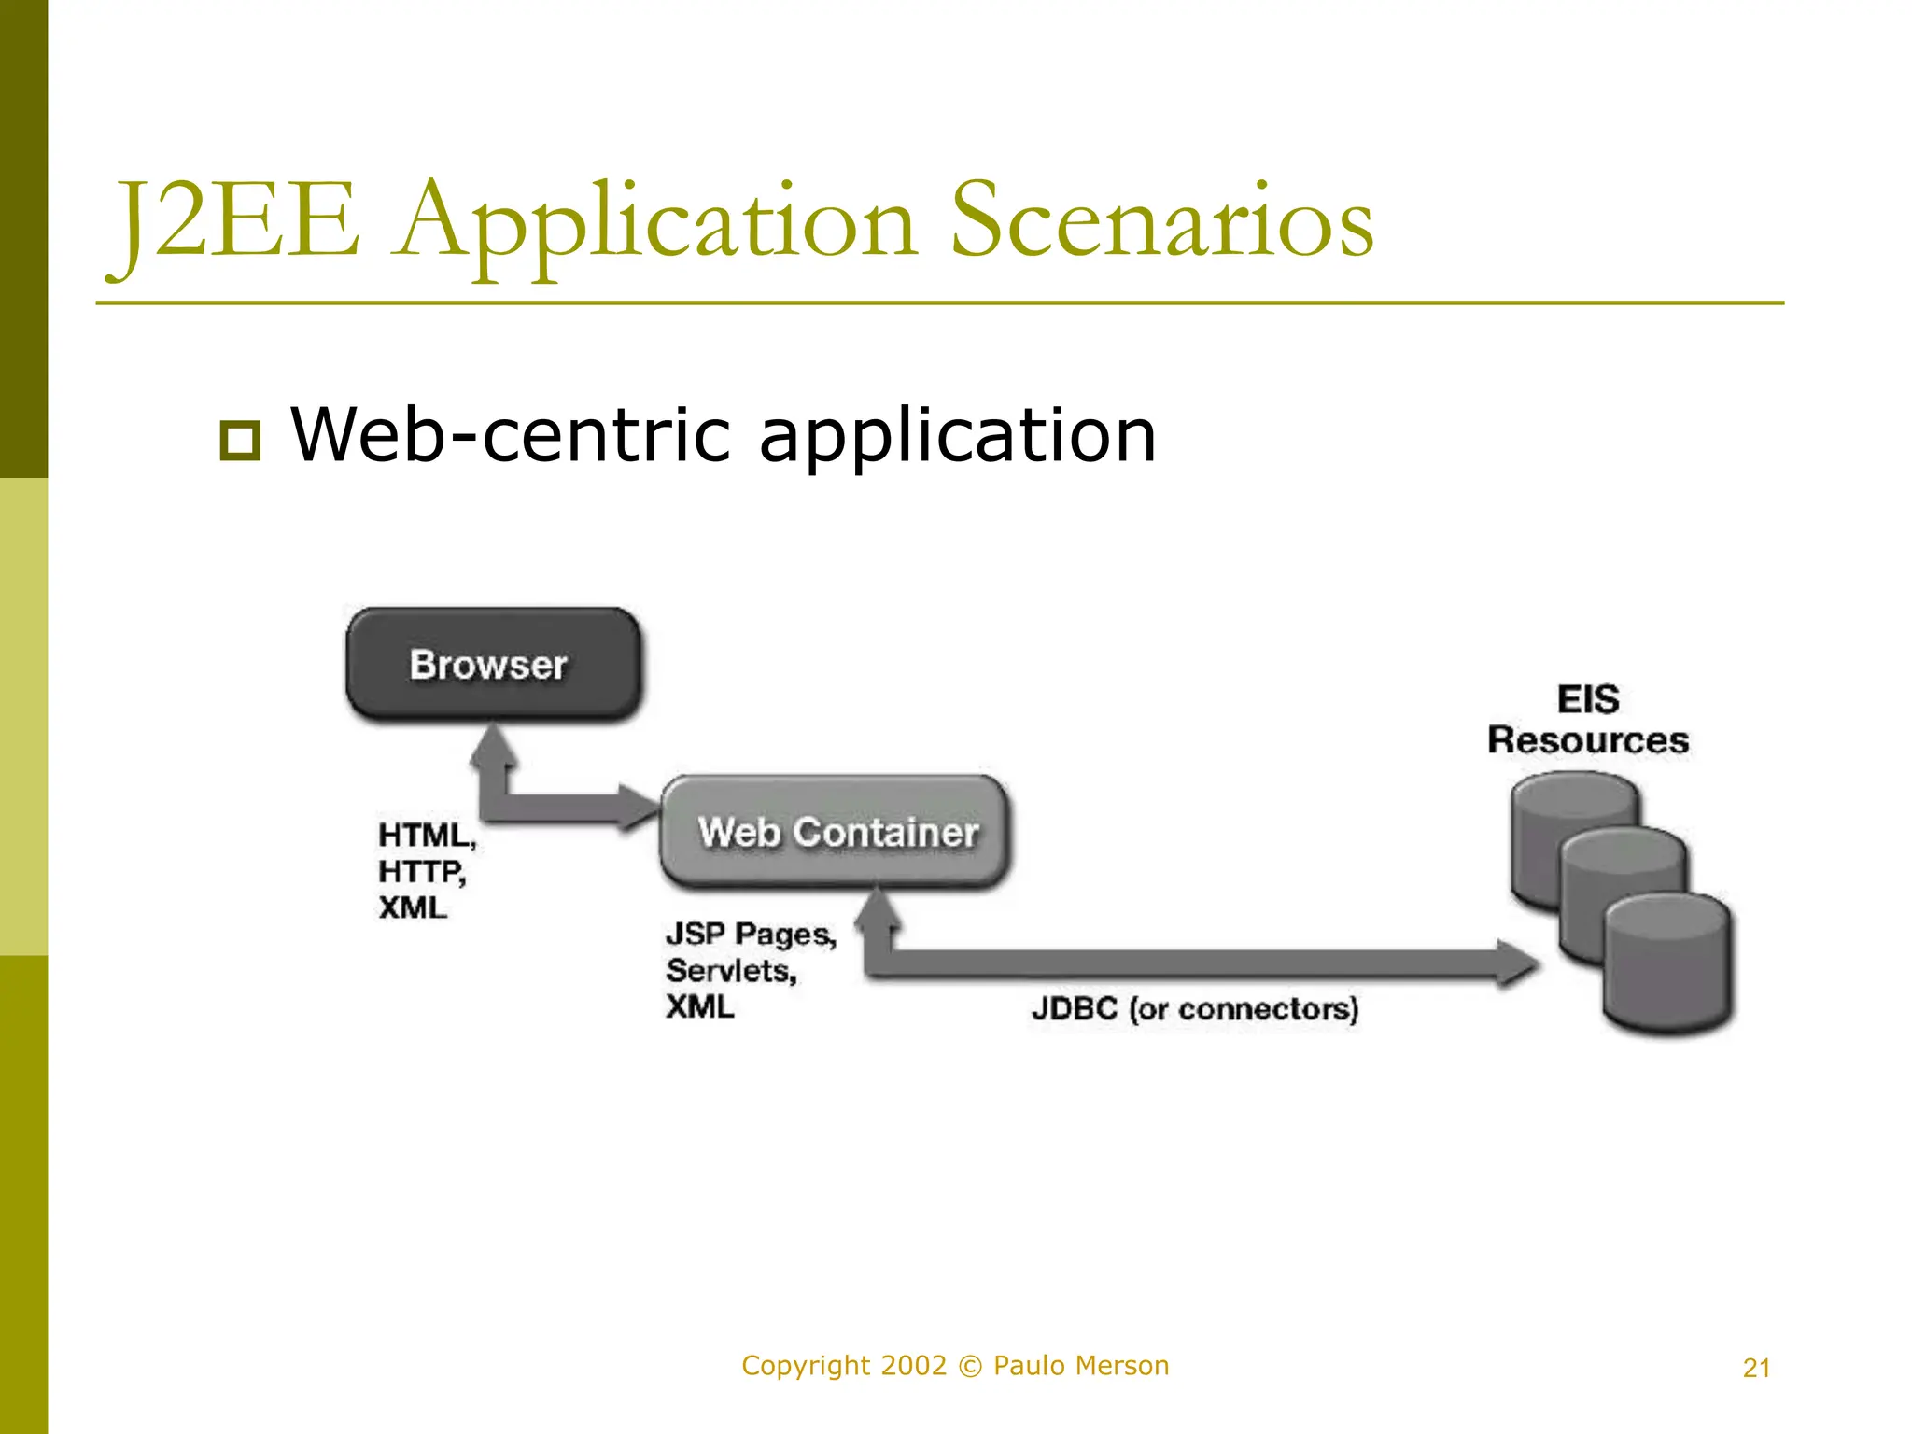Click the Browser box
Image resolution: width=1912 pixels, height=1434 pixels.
click(493, 664)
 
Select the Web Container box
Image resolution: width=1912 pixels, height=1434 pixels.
click(835, 831)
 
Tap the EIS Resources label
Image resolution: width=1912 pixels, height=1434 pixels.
click(1587, 720)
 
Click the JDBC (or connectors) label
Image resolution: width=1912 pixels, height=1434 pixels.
click(1194, 1008)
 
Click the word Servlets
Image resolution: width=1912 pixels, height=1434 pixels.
click(731, 971)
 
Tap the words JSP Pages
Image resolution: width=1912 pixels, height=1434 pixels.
click(750, 934)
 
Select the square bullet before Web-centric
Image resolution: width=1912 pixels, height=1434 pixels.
click(240, 440)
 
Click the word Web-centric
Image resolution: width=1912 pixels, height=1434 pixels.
click(510, 435)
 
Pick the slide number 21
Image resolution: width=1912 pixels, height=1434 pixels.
click(1756, 1368)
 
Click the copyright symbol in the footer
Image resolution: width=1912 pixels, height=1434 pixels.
click(970, 1367)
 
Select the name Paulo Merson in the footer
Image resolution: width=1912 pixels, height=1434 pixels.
click(1080, 1366)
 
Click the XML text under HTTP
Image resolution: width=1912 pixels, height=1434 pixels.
click(412, 907)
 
